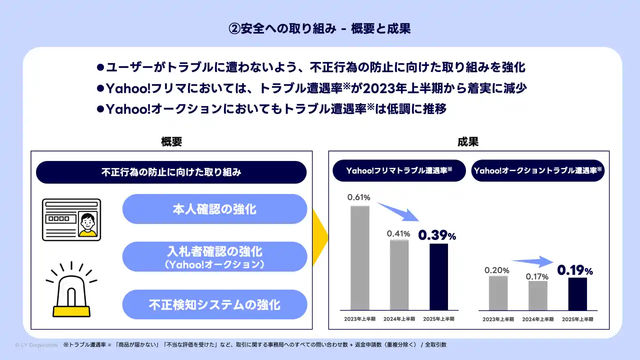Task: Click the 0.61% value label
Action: (x=358, y=197)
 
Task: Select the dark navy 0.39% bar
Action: (x=438, y=276)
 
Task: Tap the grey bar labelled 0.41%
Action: (x=399, y=274)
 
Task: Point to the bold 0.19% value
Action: (x=575, y=270)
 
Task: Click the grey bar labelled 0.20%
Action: (x=498, y=293)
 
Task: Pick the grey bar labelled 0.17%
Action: (x=537, y=295)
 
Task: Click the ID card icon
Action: (x=71, y=219)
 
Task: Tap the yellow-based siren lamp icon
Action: (x=71, y=289)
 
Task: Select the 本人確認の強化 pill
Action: (x=214, y=209)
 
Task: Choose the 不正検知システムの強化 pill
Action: (x=214, y=304)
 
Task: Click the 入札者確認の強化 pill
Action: (x=214, y=256)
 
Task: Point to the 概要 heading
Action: (x=171, y=141)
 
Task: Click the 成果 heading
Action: (x=468, y=141)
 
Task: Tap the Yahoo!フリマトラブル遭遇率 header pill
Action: (x=399, y=170)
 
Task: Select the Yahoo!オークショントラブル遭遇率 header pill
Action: (x=537, y=170)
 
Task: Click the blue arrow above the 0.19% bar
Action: (x=532, y=261)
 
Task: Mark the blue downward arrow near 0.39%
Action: (x=398, y=211)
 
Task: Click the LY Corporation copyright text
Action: (x=36, y=345)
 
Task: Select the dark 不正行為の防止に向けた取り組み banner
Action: (x=171, y=172)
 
